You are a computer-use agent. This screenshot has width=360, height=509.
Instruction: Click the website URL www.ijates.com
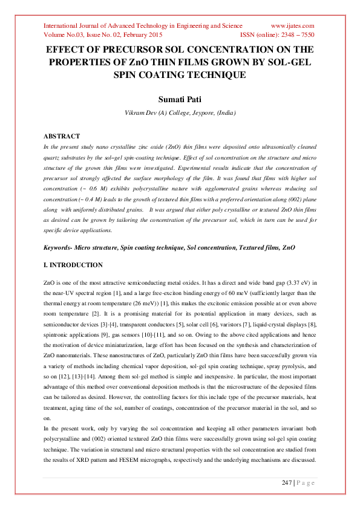click(x=292, y=26)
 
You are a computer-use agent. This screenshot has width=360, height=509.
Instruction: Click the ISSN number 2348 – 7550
click(x=296, y=35)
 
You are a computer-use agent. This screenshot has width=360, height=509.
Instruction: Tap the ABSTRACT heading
click(x=63, y=137)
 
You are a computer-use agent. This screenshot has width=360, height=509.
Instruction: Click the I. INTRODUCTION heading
click(x=74, y=265)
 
